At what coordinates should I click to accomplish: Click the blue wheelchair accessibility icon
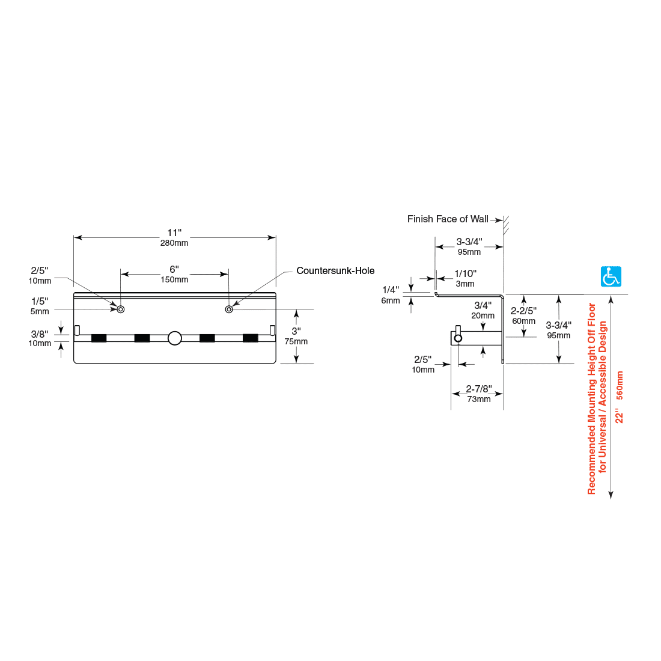[611, 276]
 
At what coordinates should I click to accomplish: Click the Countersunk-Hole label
[335, 270]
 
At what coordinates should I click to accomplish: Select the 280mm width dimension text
[174, 243]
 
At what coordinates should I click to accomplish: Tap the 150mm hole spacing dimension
[174, 279]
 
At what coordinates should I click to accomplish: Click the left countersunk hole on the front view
[121, 309]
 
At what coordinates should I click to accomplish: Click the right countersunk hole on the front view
[229, 309]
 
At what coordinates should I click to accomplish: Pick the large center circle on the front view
[175, 338]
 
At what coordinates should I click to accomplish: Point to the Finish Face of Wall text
[448, 219]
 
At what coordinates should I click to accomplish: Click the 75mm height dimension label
[296, 341]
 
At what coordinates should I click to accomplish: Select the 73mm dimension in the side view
[479, 399]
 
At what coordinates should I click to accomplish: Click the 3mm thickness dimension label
[465, 284]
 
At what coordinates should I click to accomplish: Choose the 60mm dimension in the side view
[523, 321]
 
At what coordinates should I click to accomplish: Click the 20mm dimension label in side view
[483, 315]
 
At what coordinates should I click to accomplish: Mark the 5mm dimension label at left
[40, 311]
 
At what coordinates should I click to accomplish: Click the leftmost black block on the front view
[99, 338]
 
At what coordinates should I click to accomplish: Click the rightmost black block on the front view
[251, 338]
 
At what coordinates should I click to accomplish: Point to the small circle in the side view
[458, 338]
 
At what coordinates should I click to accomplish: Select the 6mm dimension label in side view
[390, 300]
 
